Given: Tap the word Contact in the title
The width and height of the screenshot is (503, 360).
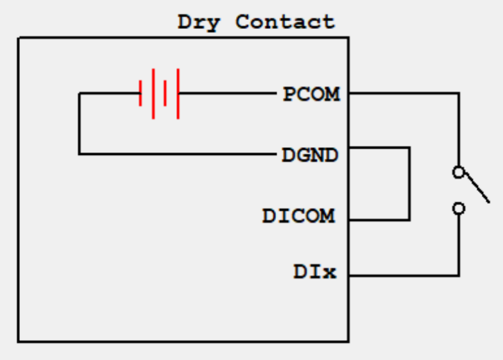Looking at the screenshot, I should [x=285, y=22].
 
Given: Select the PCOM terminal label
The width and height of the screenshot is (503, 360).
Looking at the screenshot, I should [x=311, y=94].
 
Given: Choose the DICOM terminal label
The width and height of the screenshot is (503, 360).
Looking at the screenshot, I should [x=299, y=216].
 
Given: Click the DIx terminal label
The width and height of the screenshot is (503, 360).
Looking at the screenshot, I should [x=315, y=272].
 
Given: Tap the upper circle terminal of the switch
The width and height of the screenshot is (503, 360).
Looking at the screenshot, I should [x=458, y=172].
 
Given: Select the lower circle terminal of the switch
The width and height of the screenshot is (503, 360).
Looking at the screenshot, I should [x=458, y=208].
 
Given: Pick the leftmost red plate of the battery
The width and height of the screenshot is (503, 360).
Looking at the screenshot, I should [x=140, y=93].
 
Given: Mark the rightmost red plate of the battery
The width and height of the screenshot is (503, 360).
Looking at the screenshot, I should [x=178, y=93].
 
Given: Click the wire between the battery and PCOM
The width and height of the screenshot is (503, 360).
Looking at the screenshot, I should [x=225, y=93].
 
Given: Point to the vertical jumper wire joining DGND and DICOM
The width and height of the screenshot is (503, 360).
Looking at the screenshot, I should [x=409, y=183].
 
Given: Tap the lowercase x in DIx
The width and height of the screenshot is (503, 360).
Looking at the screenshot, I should [x=329, y=273].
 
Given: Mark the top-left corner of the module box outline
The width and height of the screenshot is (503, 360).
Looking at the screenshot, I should [x=19, y=37].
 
